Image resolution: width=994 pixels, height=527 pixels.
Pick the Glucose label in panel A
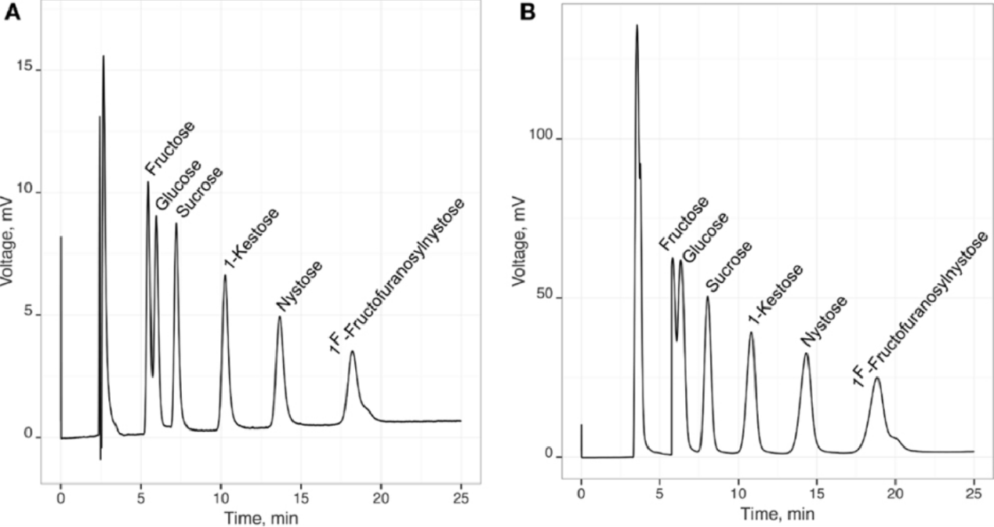tap(179, 185)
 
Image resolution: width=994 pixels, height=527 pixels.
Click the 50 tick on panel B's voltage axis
tap(546, 298)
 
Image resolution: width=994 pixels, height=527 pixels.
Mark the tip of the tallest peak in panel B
tap(637, 25)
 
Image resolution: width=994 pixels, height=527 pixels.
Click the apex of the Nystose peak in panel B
tap(806, 353)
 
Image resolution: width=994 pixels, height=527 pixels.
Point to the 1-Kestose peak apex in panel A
tap(225, 275)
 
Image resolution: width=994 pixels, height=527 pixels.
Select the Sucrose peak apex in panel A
tap(176, 224)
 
